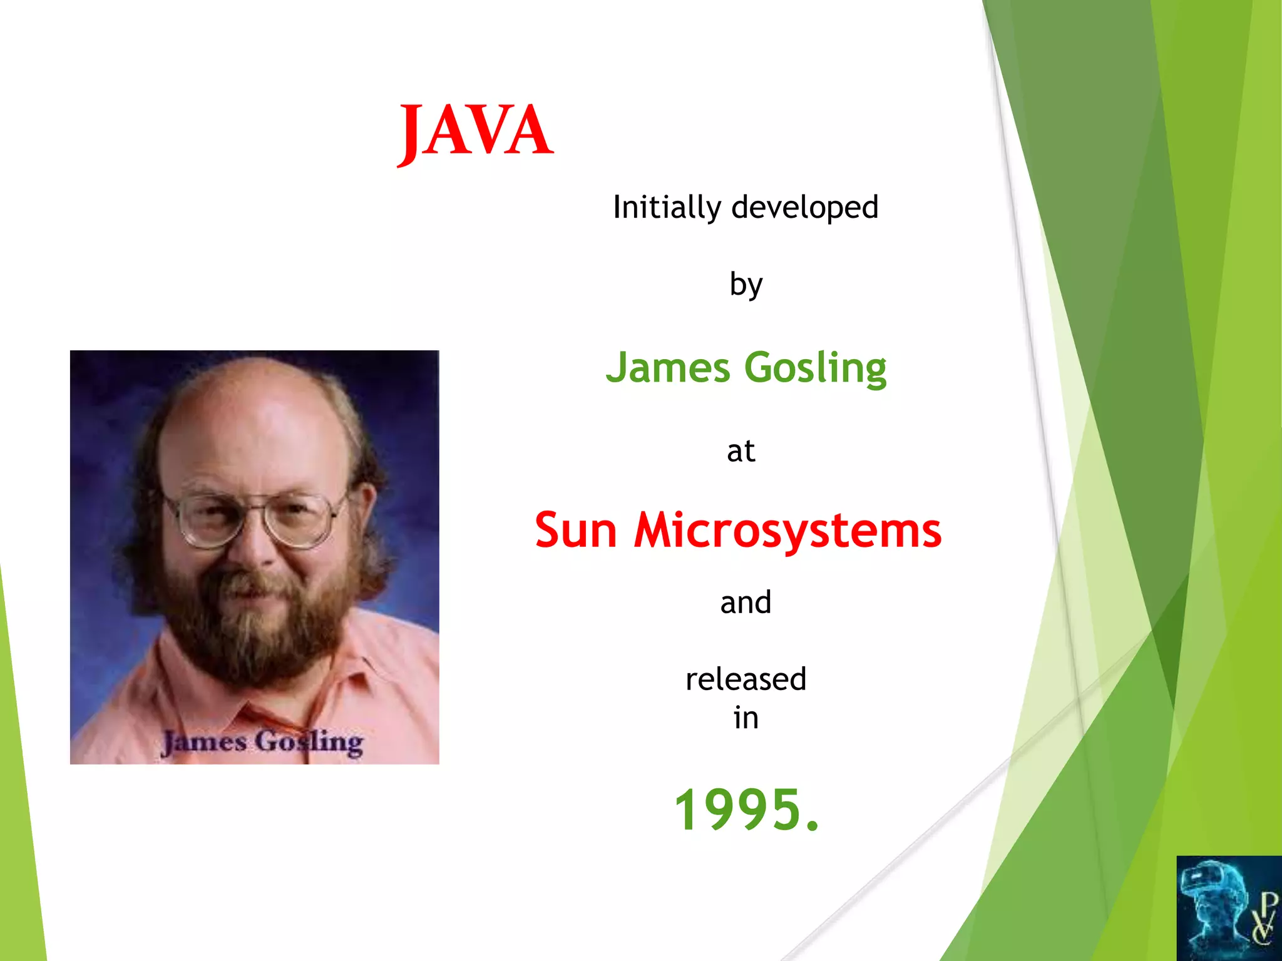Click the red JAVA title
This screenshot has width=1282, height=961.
[475, 131]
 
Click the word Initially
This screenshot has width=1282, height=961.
[666, 208]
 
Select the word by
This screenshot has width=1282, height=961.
[746, 285]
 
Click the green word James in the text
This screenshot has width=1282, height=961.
[667, 367]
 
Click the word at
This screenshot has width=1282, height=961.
[741, 451]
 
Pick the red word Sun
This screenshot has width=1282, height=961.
[576, 531]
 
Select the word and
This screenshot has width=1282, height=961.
[745, 603]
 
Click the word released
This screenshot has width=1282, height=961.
[746, 679]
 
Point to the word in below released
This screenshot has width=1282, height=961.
[746, 718]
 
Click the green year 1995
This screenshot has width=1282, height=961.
[745, 810]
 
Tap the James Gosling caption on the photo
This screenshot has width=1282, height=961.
[262, 742]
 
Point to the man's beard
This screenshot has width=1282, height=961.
[257, 632]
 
